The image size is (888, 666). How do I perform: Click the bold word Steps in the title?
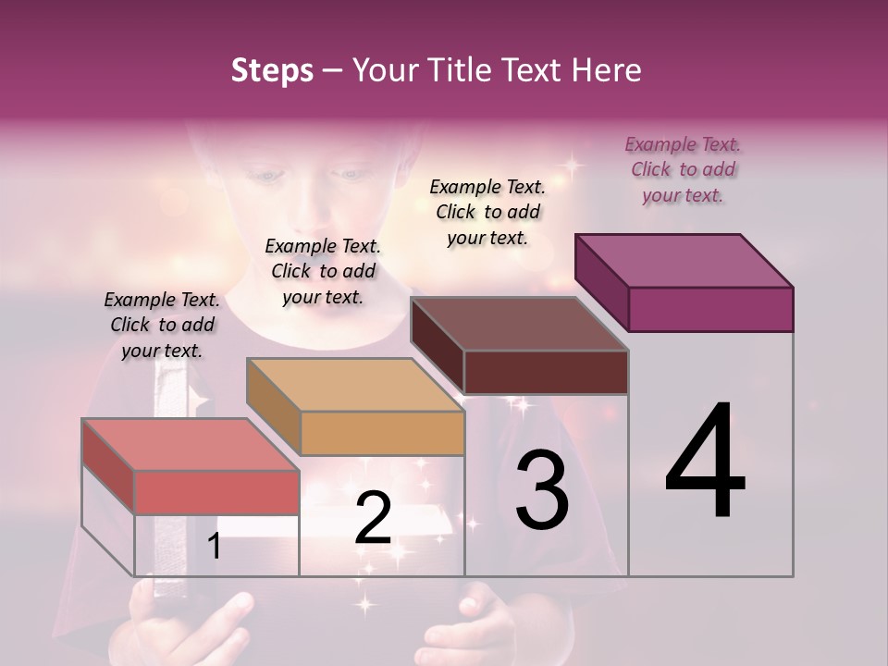pyautogui.click(x=272, y=70)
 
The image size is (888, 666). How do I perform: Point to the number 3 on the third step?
pyautogui.click(x=542, y=490)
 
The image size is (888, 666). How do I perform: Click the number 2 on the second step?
pyautogui.click(x=373, y=518)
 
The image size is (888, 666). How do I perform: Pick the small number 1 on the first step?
pyautogui.click(x=215, y=546)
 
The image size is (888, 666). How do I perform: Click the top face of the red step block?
pyautogui.click(x=190, y=444)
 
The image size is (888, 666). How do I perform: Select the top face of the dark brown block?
pyautogui.click(x=519, y=324)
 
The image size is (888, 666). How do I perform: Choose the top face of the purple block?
pyautogui.click(x=684, y=260)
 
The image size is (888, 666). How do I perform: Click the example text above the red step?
pyautogui.click(x=162, y=325)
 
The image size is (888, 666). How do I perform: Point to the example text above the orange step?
pyautogui.click(x=323, y=271)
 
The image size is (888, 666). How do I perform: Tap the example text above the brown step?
pyautogui.click(x=487, y=212)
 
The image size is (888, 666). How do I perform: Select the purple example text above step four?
pyautogui.click(x=683, y=169)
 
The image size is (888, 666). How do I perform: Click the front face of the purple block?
pyautogui.click(x=710, y=309)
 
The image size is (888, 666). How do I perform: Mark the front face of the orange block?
pyautogui.click(x=382, y=433)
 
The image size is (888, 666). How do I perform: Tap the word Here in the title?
pyautogui.click(x=607, y=70)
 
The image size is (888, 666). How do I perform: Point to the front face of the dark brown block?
pyautogui.click(x=546, y=372)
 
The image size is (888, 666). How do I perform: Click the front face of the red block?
pyautogui.click(x=216, y=492)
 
